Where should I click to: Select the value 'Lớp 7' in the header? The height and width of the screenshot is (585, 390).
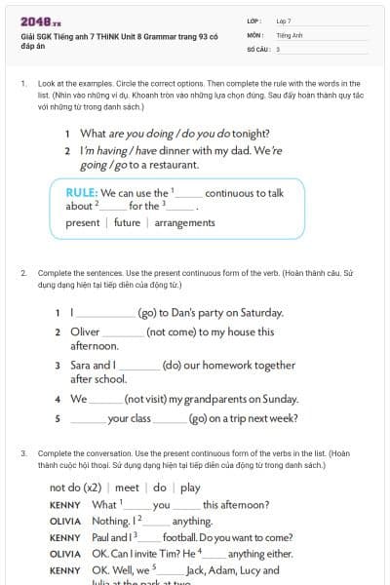[284, 20]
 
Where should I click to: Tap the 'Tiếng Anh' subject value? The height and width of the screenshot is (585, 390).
[289, 34]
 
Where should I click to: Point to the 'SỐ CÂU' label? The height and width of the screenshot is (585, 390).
[256, 48]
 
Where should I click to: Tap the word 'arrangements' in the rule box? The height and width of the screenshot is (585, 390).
[184, 223]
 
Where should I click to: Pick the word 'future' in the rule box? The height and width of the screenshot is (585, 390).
[127, 223]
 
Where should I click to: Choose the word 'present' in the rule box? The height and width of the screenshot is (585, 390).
[83, 223]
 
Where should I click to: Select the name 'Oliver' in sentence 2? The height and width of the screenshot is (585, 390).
[85, 331]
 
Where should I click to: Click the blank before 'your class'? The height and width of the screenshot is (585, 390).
[88, 418]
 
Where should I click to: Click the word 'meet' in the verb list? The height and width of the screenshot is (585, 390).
[127, 487]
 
